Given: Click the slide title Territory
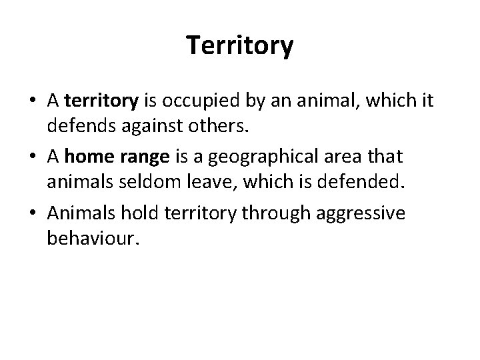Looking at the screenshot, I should pyautogui.click(x=239, y=46).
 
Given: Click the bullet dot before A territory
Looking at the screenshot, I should pyautogui.click(x=32, y=101).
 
